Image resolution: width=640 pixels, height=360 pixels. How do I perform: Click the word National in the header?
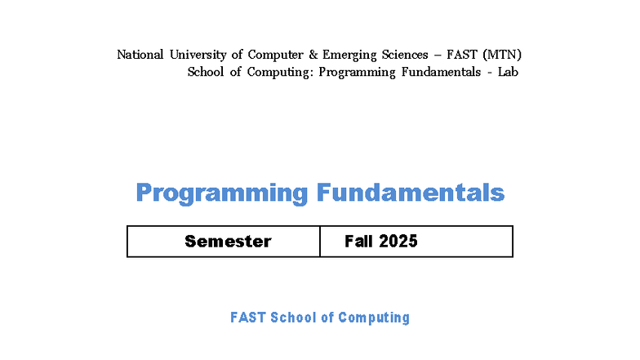[x=140, y=55]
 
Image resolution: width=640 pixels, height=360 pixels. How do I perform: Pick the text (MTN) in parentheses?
[x=501, y=55]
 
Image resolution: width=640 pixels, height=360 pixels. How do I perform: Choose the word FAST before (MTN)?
[x=463, y=55]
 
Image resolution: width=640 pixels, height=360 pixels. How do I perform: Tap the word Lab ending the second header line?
[x=509, y=72]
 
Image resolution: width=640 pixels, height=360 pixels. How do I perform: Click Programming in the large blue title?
[x=221, y=193]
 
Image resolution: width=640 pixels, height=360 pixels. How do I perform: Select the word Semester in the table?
[x=228, y=241]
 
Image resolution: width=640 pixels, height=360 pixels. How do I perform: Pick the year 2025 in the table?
[x=398, y=241]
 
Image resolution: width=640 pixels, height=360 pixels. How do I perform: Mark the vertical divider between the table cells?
[x=320, y=242]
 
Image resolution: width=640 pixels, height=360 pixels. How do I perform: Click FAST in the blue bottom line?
[x=248, y=318]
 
